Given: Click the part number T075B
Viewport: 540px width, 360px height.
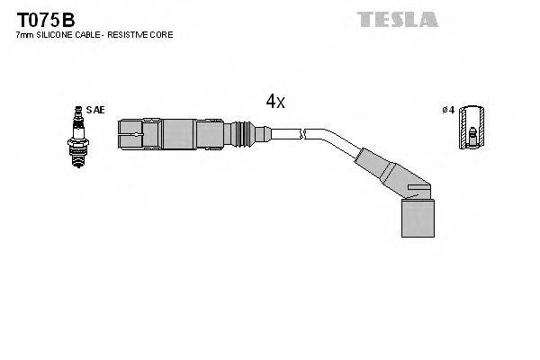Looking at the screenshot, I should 42,19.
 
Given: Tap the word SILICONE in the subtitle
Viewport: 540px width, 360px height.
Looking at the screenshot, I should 57,35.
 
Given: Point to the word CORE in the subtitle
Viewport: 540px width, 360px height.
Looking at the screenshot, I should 164,35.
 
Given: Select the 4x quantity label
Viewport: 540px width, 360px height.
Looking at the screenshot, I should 275,103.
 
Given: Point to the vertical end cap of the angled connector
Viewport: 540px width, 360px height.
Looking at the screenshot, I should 415,213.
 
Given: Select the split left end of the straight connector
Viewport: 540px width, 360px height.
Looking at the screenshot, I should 130,135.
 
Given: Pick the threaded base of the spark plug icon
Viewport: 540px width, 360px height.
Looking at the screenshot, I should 77,155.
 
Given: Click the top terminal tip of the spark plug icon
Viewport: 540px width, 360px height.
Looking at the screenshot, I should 77,109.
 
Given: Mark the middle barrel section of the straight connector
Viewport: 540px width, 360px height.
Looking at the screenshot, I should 180,135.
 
